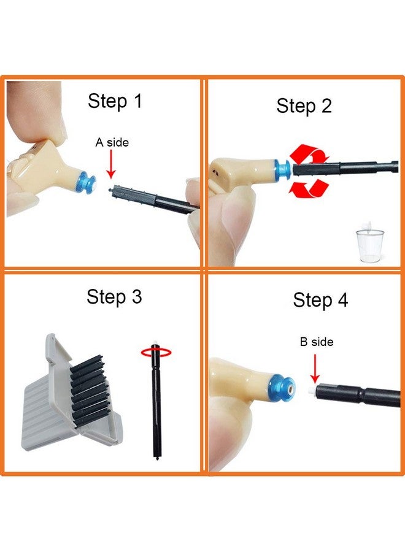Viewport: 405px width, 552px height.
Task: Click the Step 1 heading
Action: (115, 101)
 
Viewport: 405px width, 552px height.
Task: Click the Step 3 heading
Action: (114, 297)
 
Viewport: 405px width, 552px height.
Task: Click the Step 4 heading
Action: (320, 300)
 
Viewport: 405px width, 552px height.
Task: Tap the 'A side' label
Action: (112, 142)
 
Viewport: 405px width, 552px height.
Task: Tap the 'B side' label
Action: (317, 342)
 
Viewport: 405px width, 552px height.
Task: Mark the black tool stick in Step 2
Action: (344, 167)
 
